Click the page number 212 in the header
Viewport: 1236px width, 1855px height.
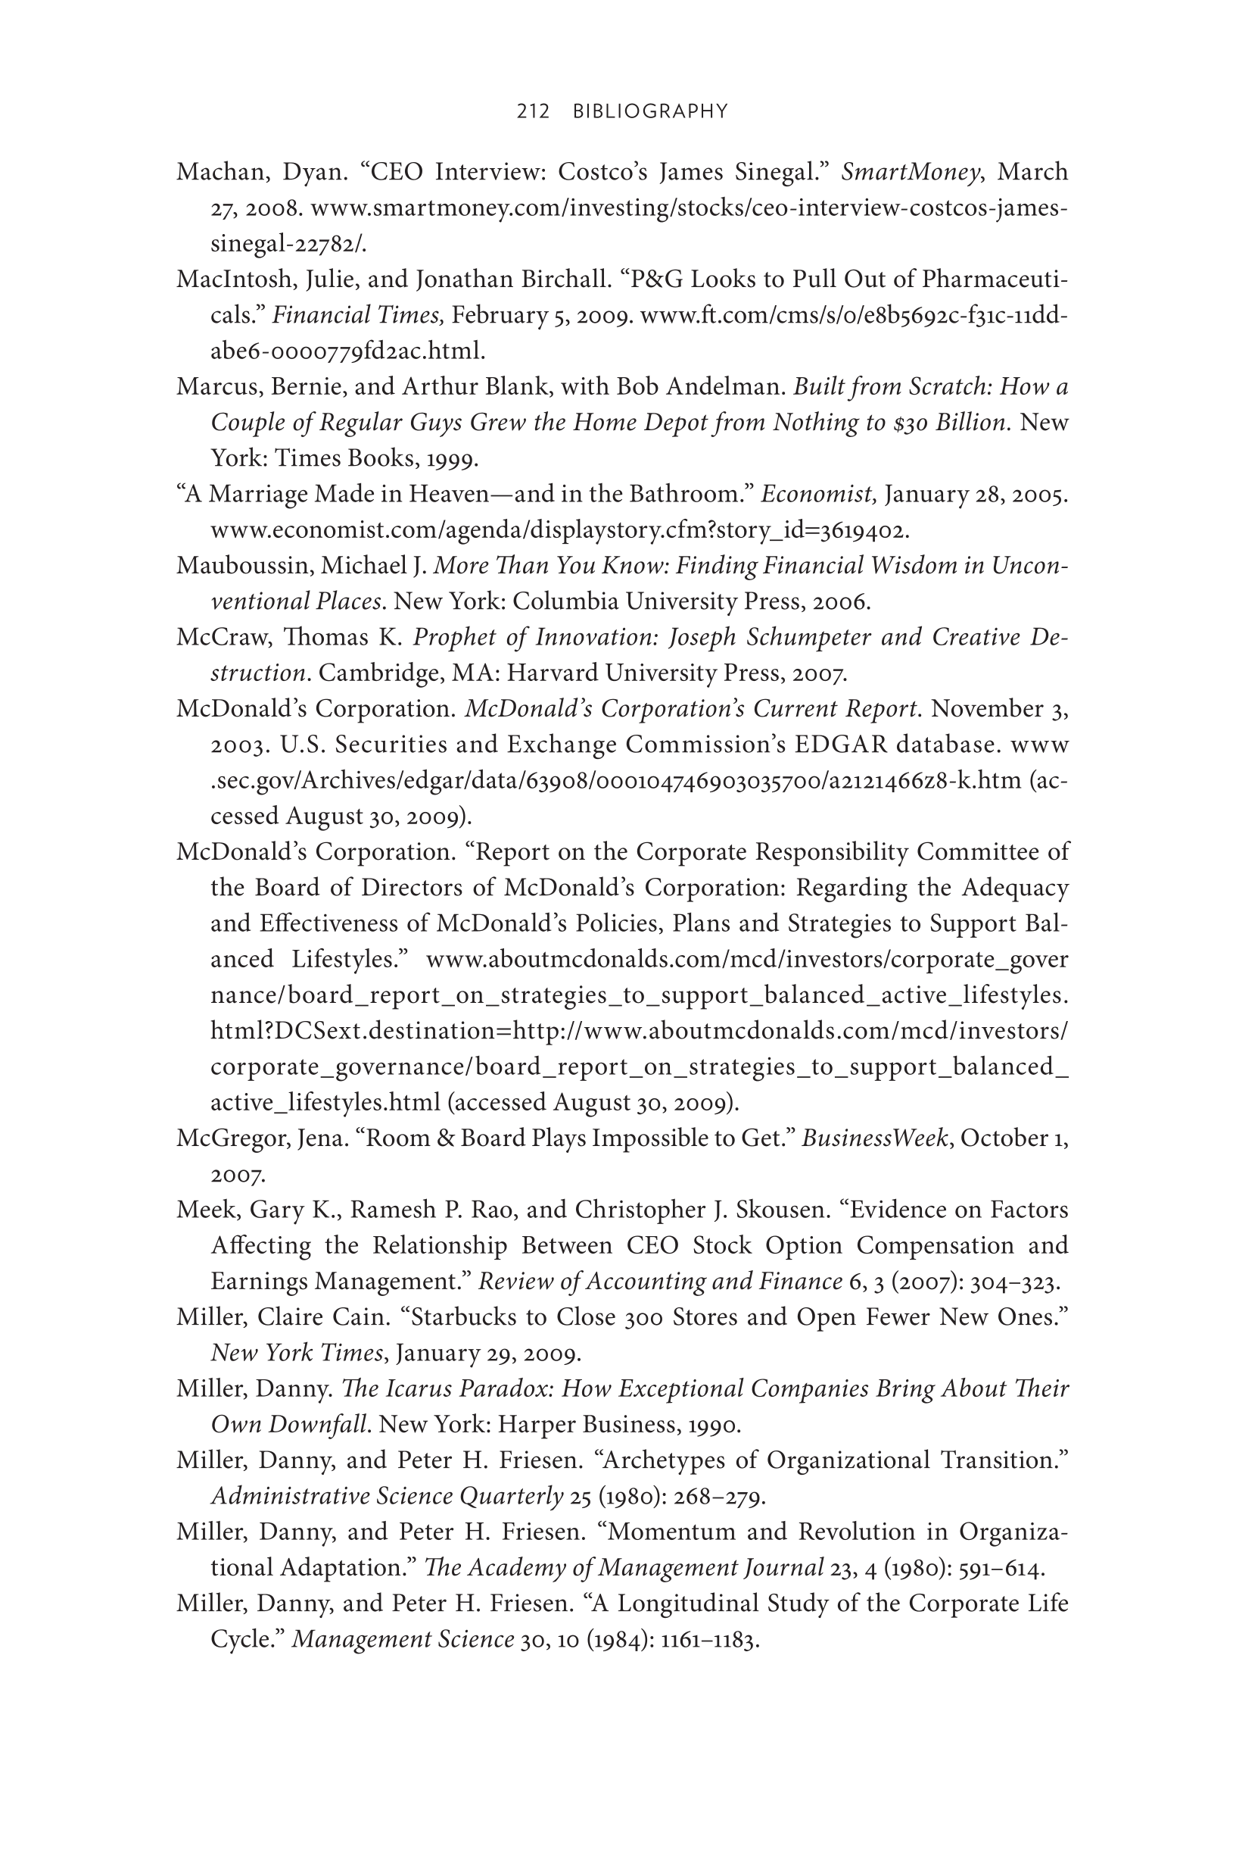pos(533,112)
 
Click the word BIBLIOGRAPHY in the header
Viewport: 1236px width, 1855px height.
pos(650,112)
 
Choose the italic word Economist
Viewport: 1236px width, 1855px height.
pos(817,495)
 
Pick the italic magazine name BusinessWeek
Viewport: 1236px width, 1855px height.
pos(874,1138)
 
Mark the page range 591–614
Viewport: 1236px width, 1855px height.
pos(1001,1568)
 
